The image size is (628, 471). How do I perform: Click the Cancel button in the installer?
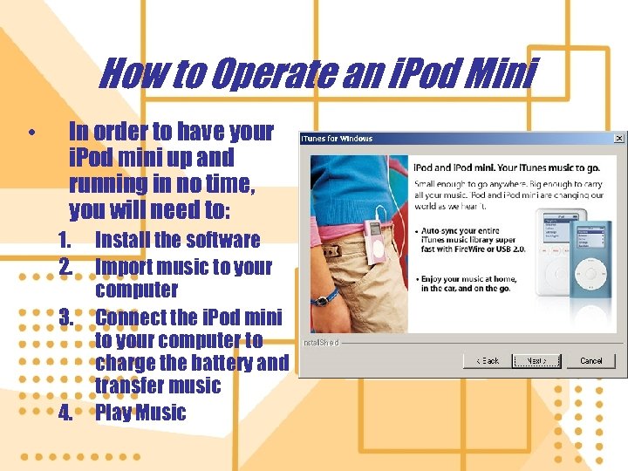[591, 360]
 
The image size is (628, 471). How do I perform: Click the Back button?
[487, 360]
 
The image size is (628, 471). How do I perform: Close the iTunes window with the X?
[618, 138]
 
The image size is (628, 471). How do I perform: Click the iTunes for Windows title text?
[337, 138]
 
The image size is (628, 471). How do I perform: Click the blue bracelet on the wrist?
[323, 299]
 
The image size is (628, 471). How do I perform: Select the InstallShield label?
[320, 343]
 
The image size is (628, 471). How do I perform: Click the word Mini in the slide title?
[501, 75]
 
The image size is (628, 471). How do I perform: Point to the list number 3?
[65, 317]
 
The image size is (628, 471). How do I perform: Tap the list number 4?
[65, 413]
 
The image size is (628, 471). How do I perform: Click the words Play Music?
[140, 413]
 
